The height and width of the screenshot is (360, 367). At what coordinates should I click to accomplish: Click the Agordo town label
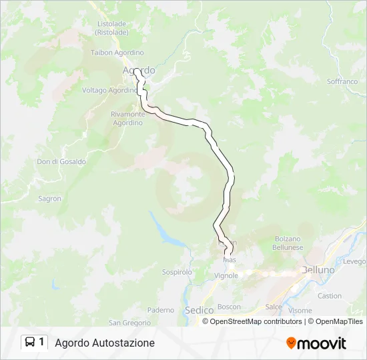[x=139, y=70]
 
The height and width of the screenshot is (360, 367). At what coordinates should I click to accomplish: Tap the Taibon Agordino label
[x=117, y=53]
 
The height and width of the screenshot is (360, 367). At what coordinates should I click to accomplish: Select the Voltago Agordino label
[x=109, y=90]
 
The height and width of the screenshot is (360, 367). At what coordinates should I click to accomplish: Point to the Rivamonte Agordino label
[x=127, y=118]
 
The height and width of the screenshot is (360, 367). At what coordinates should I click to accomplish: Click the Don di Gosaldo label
[x=61, y=161]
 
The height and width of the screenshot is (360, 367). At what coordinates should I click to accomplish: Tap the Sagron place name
[x=49, y=199]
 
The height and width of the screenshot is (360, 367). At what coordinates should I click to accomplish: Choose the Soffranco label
[x=342, y=81]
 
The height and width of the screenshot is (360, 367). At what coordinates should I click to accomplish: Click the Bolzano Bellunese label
[x=288, y=243]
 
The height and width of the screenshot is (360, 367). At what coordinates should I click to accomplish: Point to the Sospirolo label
[x=177, y=272]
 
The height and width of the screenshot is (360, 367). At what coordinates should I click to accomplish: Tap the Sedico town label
[x=199, y=310]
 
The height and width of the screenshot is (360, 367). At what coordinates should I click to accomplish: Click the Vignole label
[x=226, y=275]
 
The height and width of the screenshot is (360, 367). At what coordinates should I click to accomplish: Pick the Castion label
[x=330, y=296]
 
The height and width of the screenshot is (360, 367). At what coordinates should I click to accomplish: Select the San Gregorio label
[x=129, y=323]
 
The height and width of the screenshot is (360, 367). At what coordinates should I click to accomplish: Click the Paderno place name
[x=161, y=310]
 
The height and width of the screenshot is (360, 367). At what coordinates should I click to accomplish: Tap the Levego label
[x=355, y=261]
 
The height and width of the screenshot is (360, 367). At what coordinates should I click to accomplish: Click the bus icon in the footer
[x=30, y=343]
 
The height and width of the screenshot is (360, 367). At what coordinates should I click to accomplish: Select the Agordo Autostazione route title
[x=105, y=343]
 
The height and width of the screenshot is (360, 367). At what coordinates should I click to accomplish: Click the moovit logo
[x=316, y=343]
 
